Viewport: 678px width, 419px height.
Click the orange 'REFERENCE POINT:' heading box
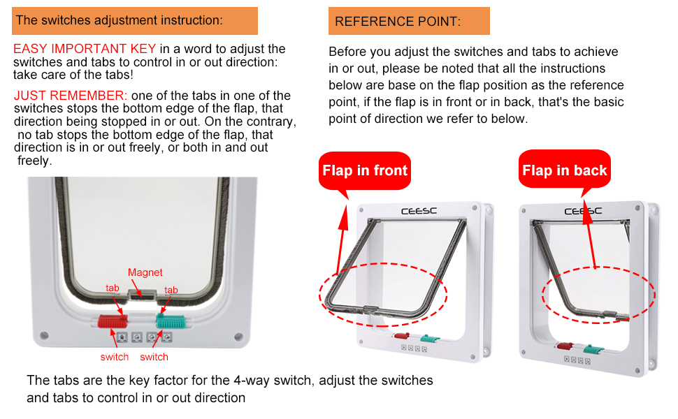click(409, 21)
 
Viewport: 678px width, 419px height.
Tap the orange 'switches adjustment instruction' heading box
click(135, 21)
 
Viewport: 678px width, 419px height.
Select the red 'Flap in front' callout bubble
click(364, 170)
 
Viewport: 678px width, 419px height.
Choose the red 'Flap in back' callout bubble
click(564, 170)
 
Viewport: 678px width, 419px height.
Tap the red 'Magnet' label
click(145, 272)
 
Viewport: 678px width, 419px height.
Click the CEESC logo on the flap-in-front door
click(419, 211)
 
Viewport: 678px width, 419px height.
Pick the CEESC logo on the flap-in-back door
click(582, 211)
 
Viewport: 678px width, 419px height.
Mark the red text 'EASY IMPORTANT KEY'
click(85, 49)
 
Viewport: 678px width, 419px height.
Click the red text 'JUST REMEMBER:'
click(70, 96)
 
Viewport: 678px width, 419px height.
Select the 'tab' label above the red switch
click(113, 288)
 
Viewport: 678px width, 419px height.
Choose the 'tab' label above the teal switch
click(171, 290)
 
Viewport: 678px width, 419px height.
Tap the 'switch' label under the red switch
click(114, 357)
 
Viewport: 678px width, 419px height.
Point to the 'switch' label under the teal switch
click(154, 357)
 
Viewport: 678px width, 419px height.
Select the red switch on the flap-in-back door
click(564, 346)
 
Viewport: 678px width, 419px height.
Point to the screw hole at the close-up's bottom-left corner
click(43, 336)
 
